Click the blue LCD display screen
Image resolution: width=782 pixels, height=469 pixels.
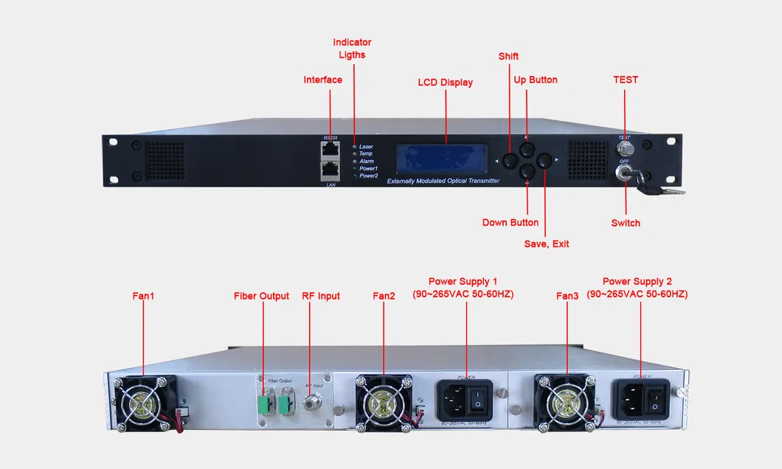click(x=442, y=158)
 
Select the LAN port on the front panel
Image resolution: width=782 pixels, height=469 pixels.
click(x=330, y=171)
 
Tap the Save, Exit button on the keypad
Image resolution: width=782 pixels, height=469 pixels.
click(x=544, y=160)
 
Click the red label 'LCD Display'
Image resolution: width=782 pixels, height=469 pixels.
click(x=445, y=83)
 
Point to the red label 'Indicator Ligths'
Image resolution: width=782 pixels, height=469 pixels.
click(x=352, y=49)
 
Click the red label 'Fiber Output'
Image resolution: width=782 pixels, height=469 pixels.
click(x=261, y=296)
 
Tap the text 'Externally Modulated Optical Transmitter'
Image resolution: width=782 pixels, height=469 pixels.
click(x=443, y=181)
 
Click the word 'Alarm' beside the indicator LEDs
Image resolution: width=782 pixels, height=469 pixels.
click(x=367, y=161)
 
